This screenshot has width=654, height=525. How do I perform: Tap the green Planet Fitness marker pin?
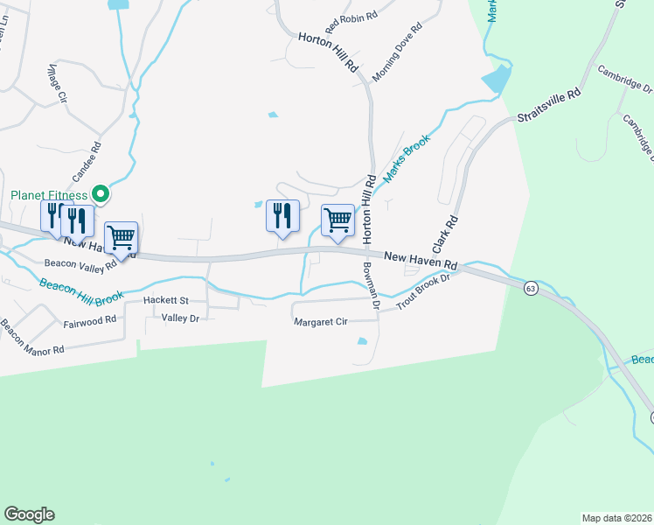pos(101,194)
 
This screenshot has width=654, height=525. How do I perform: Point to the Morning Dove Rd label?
pos(397,53)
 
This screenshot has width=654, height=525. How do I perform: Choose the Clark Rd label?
pos(445,235)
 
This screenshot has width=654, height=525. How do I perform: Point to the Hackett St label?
pos(166,300)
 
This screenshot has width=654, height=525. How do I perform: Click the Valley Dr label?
pos(181,318)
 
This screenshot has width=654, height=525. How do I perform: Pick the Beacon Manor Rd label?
pos(32,339)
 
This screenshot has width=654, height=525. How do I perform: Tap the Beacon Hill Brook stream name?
pos(80,293)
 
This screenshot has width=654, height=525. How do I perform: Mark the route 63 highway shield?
pos(530,288)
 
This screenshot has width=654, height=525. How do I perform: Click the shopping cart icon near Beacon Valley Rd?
pos(121,236)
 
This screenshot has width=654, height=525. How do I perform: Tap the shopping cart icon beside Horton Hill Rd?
pos(337,220)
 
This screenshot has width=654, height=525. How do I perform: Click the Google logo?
pos(29,514)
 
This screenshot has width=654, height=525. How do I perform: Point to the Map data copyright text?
pos(616,518)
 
